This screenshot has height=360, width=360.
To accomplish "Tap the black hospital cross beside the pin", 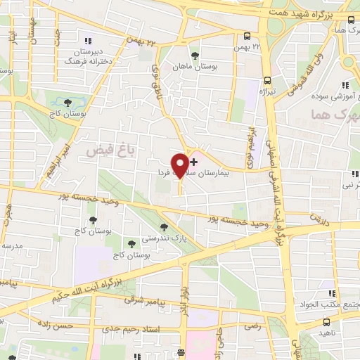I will [x=194, y=162].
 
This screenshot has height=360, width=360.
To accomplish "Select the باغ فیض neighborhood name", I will [x=100, y=150].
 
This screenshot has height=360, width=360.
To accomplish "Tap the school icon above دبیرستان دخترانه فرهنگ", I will [x=87, y=39].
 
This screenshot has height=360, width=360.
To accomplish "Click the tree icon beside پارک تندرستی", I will [x=165, y=227].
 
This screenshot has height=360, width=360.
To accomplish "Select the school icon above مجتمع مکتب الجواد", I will [x=330, y=294].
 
